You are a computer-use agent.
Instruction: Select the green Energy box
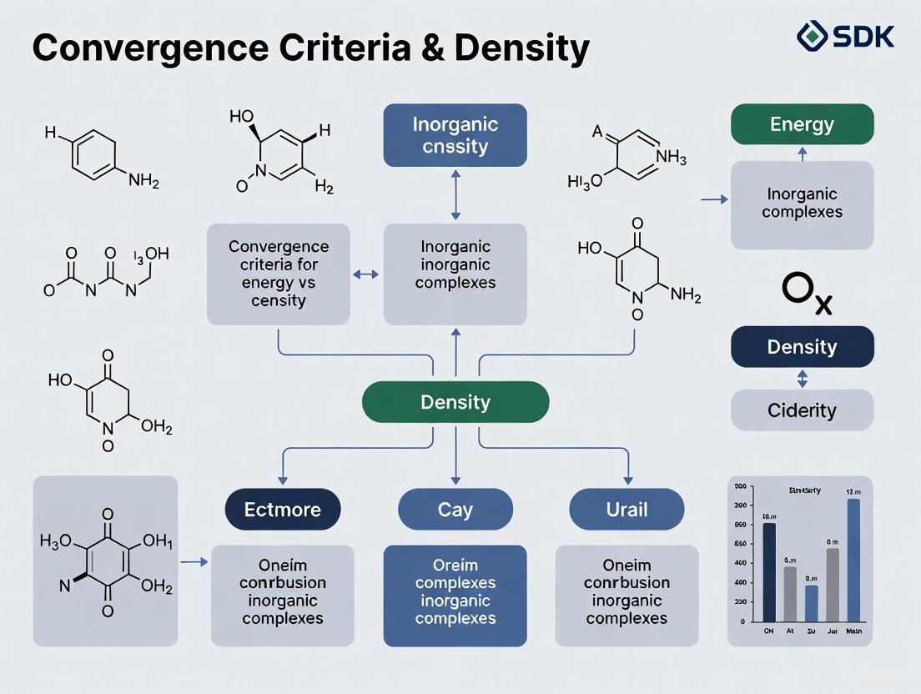coord(802,124)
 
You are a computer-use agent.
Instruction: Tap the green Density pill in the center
coord(455,402)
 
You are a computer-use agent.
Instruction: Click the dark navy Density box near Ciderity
coord(802,347)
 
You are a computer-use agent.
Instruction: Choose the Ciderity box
coord(802,410)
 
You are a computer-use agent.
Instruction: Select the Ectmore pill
coord(282,509)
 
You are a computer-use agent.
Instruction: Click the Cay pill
coord(455,509)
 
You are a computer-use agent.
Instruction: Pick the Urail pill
coord(627,509)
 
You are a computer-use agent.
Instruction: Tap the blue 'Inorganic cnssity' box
coord(455,135)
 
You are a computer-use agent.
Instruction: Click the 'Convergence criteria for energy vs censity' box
coord(279,274)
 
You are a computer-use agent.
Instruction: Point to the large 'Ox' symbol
coord(806,295)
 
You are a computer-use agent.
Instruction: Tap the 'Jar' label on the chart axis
coord(832,631)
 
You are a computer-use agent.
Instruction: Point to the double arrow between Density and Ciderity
coord(803,379)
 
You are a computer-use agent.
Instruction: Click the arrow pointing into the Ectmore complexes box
coord(194,563)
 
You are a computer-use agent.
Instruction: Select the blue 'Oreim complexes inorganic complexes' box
coord(455,596)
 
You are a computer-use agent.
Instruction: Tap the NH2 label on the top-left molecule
coord(143,181)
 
